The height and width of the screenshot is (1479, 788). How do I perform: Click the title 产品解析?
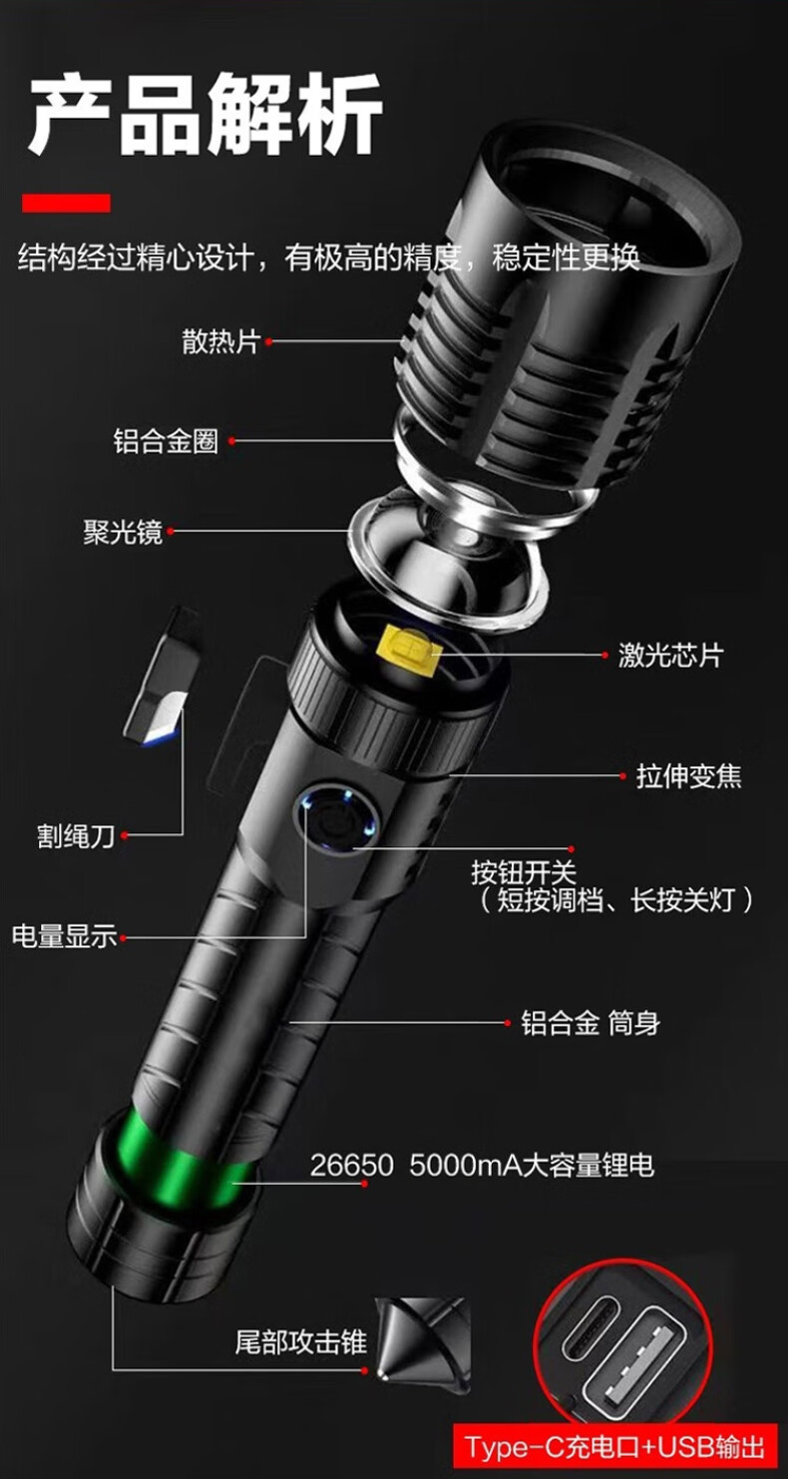(205, 114)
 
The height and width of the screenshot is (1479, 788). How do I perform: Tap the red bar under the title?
(66, 203)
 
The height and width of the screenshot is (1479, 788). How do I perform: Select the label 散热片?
(221, 341)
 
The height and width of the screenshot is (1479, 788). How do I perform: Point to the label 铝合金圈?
(166, 441)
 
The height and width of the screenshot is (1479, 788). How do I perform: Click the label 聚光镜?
(123, 532)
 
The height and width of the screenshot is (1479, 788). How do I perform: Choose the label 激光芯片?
(671, 655)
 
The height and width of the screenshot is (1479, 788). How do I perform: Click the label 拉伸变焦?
(689, 775)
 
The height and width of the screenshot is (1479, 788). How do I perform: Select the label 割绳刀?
(76, 836)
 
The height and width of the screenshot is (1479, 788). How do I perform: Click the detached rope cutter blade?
(162, 680)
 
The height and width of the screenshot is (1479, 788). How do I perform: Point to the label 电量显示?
(65, 936)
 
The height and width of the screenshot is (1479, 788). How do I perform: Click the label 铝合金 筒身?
(591, 1023)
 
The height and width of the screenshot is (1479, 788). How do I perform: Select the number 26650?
(352, 1166)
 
